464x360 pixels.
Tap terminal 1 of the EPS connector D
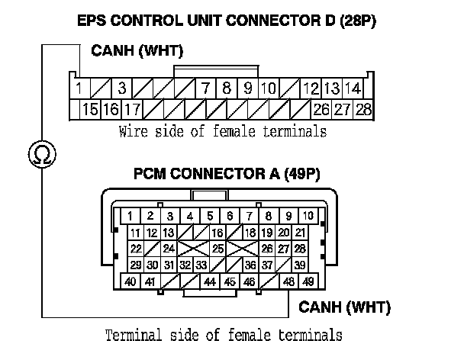(80, 88)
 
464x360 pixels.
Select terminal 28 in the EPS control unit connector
(363, 109)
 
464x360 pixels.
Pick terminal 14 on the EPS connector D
(353, 88)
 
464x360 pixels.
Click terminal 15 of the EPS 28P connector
(89, 109)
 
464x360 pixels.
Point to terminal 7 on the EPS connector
(206, 88)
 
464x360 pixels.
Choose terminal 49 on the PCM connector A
(308, 282)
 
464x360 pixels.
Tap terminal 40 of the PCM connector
(131, 282)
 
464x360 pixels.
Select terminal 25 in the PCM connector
(217, 249)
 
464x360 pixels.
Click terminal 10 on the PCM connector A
(308, 216)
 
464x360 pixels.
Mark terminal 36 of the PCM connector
(250, 265)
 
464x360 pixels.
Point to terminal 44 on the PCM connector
(210, 282)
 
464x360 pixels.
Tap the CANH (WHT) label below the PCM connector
(343, 308)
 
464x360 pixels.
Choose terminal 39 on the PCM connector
(300, 265)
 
